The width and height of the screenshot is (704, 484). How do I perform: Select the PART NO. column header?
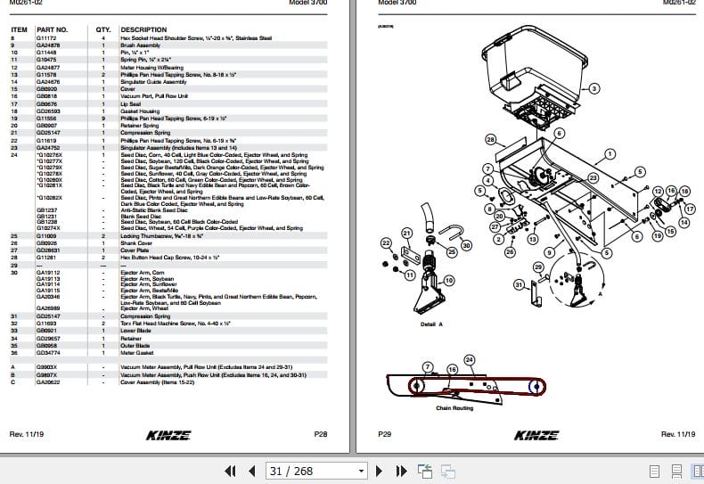coord(52,29)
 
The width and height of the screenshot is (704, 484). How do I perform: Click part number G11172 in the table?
coord(45,38)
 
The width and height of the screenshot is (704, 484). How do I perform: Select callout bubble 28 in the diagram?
coord(491,140)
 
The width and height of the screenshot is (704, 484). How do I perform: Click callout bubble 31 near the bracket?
coord(519,284)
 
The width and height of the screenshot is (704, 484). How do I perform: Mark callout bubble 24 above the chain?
coord(470,360)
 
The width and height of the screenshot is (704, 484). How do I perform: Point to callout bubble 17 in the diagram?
coord(689,208)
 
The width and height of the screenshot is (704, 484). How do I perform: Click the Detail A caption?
coord(431,324)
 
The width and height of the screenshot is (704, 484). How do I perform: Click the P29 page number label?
coord(385,434)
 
